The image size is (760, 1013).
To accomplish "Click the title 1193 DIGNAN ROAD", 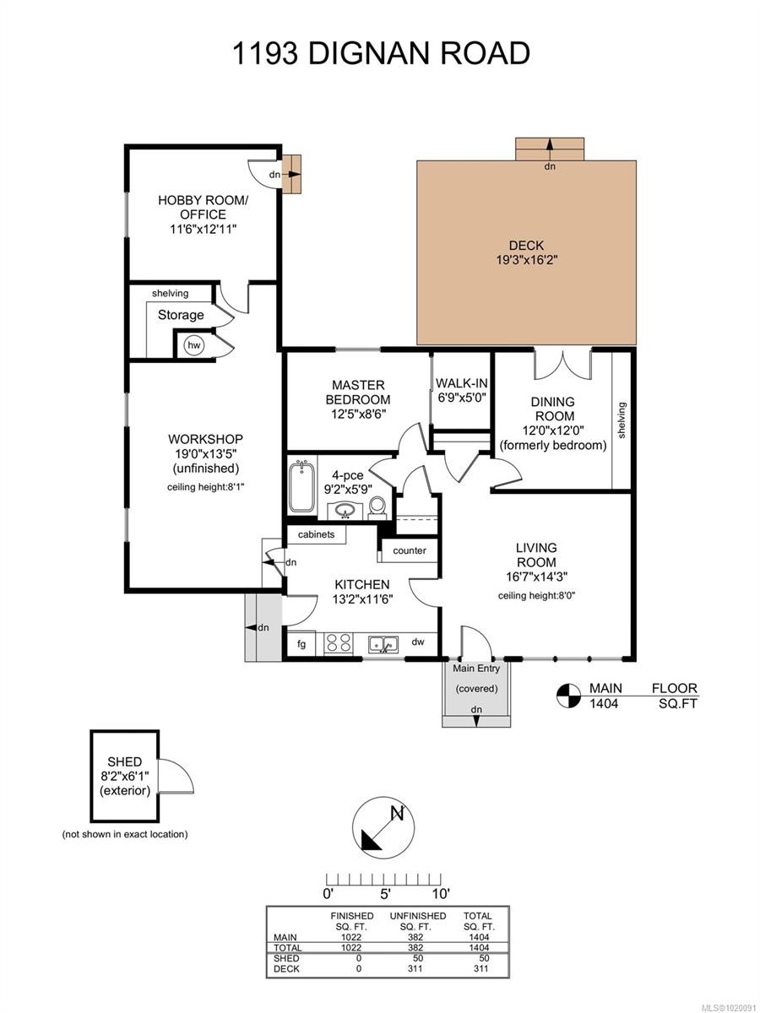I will click(x=381, y=52).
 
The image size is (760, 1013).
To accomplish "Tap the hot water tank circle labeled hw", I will click(x=194, y=344).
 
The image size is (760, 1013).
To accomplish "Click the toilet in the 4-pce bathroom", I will click(x=377, y=506).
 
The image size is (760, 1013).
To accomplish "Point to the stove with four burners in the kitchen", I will click(x=338, y=643).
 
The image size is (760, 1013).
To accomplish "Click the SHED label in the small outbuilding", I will click(x=124, y=761).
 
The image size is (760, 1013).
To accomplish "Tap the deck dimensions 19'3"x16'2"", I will click(x=525, y=260).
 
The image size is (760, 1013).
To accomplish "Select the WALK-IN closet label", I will click(x=461, y=382).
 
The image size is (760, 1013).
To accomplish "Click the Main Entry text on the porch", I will click(x=476, y=669).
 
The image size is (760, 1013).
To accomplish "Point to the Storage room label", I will click(x=181, y=315).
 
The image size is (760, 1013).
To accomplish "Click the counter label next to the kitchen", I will click(x=409, y=550).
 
